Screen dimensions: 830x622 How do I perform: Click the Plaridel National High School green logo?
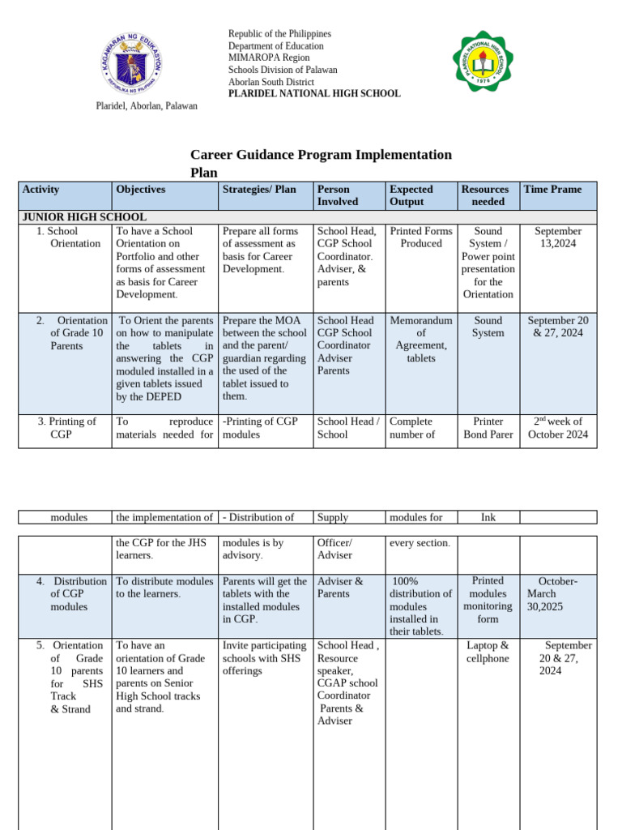click(x=483, y=62)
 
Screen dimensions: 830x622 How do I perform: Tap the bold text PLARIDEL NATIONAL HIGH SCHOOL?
click(x=314, y=93)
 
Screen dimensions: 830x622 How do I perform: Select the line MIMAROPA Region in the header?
click(x=268, y=58)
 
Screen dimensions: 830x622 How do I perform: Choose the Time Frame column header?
click(x=552, y=190)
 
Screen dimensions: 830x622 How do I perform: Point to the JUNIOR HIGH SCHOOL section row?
click(x=84, y=217)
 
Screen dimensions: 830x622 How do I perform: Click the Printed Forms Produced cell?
click(x=420, y=237)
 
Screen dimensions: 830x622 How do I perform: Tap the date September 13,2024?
click(x=558, y=237)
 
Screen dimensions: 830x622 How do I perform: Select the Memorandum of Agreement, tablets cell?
click(x=420, y=339)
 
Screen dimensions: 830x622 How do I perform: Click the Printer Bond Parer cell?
click(x=488, y=427)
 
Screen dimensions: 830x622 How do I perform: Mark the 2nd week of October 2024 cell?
click(x=558, y=427)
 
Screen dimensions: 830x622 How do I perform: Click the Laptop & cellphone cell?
click(x=488, y=652)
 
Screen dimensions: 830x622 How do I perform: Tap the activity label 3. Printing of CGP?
click(x=66, y=427)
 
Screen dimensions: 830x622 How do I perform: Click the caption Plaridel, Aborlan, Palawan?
click(x=147, y=106)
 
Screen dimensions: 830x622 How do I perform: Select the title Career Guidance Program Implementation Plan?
click(x=321, y=163)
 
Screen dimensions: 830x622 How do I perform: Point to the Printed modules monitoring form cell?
click(x=488, y=599)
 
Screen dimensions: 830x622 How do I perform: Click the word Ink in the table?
click(x=488, y=517)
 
